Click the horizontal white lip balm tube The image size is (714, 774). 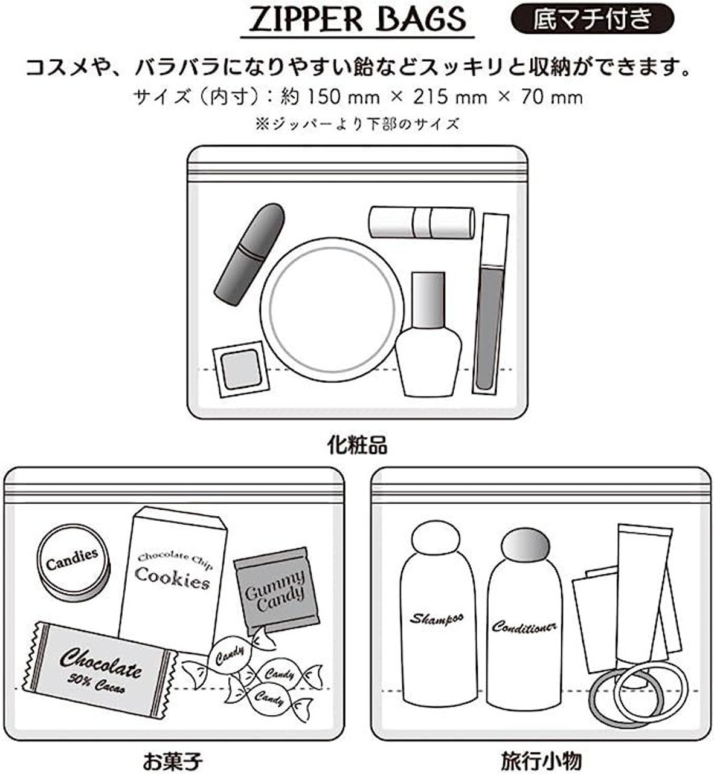pos(421,222)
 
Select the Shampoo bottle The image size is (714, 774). pos(438,617)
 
